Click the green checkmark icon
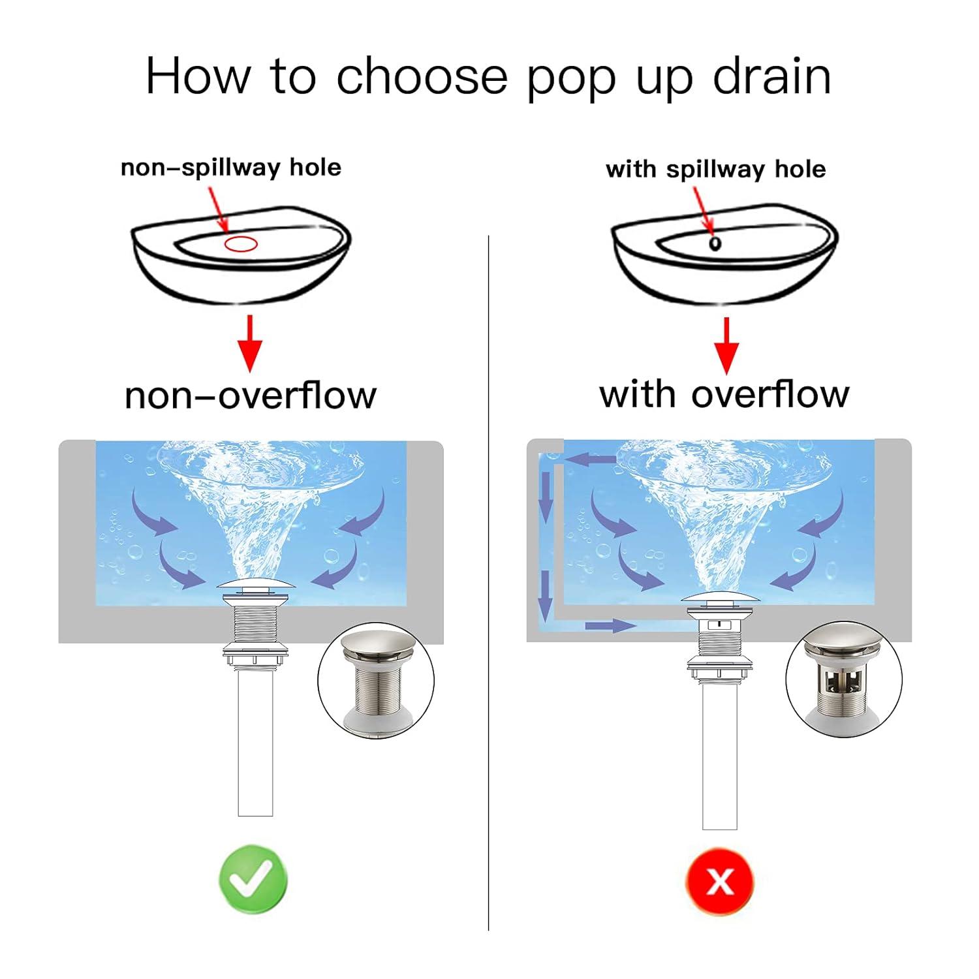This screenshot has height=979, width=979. pyautogui.click(x=253, y=879)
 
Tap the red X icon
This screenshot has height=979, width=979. pyautogui.click(x=720, y=881)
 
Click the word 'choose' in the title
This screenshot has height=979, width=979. pyautogui.click(x=422, y=76)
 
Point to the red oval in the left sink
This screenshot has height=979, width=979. pyautogui.click(x=241, y=245)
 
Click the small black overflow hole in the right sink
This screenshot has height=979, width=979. pyautogui.click(x=715, y=243)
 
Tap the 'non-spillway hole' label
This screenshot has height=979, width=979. pyautogui.click(x=231, y=168)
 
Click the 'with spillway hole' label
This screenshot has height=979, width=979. pyautogui.click(x=716, y=170)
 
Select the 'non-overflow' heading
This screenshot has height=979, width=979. pyautogui.click(x=251, y=395)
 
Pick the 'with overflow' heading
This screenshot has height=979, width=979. pyautogui.click(x=724, y=394)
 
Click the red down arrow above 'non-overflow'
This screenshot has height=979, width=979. pyautogui.click(x=250, y=343)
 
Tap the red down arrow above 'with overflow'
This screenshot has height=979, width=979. pyautogui.click(x=726, y=345)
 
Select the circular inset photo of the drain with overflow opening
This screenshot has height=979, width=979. pyautogui.click(x=843, y=679)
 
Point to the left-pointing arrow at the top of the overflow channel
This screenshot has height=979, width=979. pyautogui.click(x=590, y=459)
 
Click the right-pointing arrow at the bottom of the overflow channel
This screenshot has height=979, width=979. pyautogui.click(x=610, y=626)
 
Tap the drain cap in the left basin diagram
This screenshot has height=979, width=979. pyautogui.click(x=255, y=587)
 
